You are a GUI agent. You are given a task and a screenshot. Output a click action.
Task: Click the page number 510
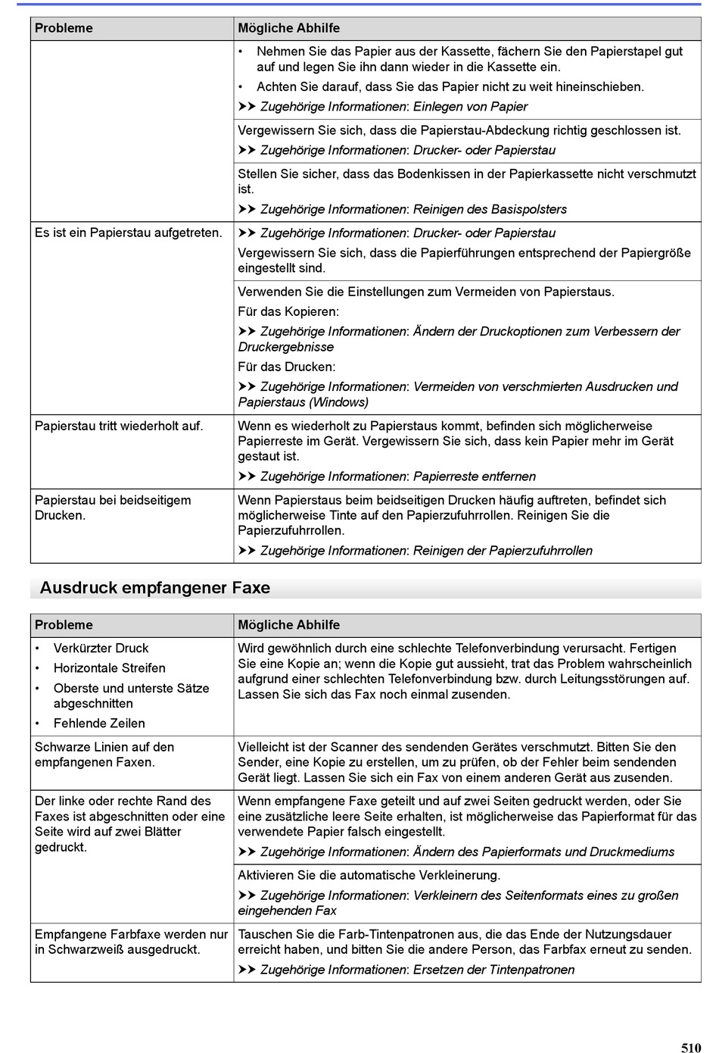(x=690, y=1048)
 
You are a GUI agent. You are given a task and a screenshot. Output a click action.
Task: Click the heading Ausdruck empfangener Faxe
(x=155, y=588)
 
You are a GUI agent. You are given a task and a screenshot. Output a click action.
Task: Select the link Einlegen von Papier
(x=470, y=107)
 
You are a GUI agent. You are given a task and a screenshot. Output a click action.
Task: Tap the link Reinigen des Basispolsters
(x=490, y=209)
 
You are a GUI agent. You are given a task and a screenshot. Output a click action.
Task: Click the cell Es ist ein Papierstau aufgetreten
(x=129, y=233)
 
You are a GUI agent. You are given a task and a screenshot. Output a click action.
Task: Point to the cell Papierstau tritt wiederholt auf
(x=119, y=426)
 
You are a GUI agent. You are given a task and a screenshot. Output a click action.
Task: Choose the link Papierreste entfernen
(x=475, y=477)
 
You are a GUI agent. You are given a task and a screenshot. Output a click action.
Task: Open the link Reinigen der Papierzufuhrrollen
(x=503, y=551)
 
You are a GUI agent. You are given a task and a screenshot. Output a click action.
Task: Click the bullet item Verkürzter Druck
(x=101, y=648)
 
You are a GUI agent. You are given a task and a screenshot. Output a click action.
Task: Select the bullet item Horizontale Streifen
(x=109, y=668)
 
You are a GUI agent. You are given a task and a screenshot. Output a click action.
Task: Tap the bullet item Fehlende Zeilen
(x=99, y=723)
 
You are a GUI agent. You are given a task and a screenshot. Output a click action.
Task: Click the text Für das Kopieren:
(x=288, y=311)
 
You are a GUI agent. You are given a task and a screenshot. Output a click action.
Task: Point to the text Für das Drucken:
(x=287, y=367)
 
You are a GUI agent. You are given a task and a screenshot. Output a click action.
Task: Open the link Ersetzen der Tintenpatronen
(x=493, y=970)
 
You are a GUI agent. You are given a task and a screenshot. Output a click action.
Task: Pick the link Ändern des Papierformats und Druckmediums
(x=543, y=851)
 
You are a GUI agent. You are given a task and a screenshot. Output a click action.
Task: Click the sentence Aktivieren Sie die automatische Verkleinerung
(x=369, y=875)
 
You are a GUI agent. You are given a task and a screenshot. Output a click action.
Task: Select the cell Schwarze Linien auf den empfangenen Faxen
(x=104, y=755)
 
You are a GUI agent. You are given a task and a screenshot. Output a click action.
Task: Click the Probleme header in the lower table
(x=64, y=625)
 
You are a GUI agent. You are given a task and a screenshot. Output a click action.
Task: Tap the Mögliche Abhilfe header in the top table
(x=289, y=28)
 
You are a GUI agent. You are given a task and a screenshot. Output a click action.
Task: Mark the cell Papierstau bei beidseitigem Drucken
(x=113, y=508)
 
